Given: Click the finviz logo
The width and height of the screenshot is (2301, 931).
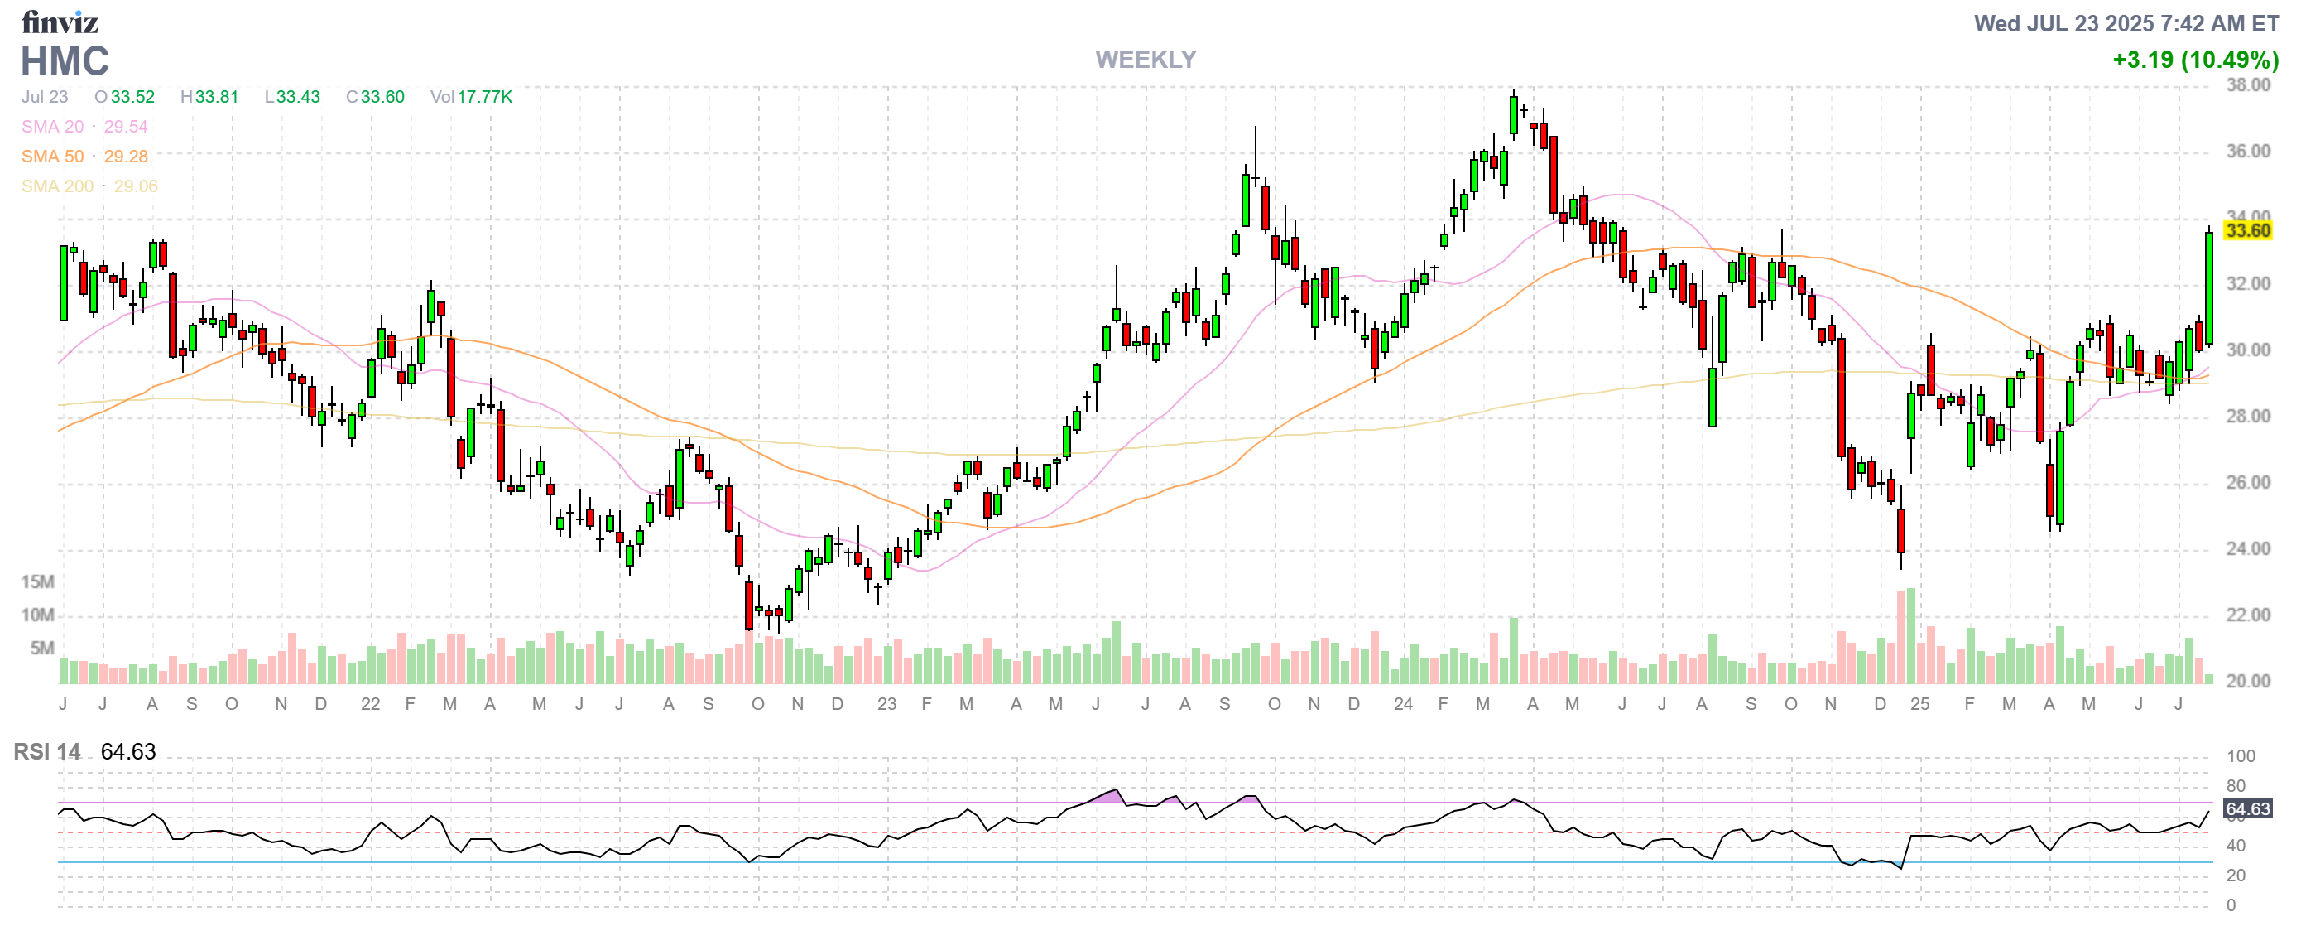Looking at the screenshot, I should coord(59,22).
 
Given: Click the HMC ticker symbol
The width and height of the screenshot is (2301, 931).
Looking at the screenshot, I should coord(65,61).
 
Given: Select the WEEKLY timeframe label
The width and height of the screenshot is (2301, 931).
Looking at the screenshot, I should coord(1146,60).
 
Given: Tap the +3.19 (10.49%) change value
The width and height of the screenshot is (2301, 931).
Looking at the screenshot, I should coord(2195,60).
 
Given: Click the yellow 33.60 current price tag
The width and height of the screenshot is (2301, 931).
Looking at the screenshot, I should coord(2246,231).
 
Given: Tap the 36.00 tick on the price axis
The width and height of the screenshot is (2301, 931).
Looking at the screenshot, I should coord(2246,151).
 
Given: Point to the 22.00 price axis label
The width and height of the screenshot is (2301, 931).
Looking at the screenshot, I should coord(2246,615).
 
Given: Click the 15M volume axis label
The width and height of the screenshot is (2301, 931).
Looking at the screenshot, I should coord(37,581).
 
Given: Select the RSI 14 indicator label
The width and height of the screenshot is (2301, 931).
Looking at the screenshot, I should coord(46,751).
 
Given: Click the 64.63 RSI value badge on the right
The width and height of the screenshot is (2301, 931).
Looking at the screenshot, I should coord(2246,808).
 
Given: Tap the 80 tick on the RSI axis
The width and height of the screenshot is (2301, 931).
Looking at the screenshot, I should coord(2236,786).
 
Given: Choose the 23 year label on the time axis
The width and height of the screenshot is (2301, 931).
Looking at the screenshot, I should coord(886,704).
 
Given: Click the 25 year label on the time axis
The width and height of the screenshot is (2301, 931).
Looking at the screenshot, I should coord(1919,704).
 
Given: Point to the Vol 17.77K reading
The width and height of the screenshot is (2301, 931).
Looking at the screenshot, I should coord(471,96).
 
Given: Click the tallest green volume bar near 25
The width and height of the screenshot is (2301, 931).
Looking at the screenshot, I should coord(1910,634).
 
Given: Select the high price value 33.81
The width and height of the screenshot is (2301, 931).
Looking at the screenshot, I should coord(216,96).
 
